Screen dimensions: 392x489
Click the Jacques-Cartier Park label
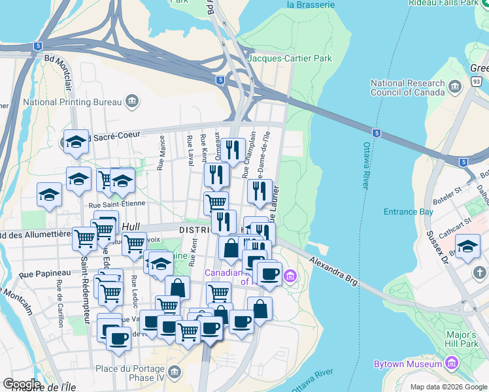point(290,59)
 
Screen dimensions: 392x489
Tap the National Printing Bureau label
point(72,102)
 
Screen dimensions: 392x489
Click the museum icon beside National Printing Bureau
point(132,101)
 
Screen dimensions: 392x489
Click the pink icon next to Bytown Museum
point(451,363)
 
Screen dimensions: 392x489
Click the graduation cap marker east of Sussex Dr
point(467,247)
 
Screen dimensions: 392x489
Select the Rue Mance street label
point(161,157)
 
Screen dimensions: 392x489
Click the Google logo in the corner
point(22,384)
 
